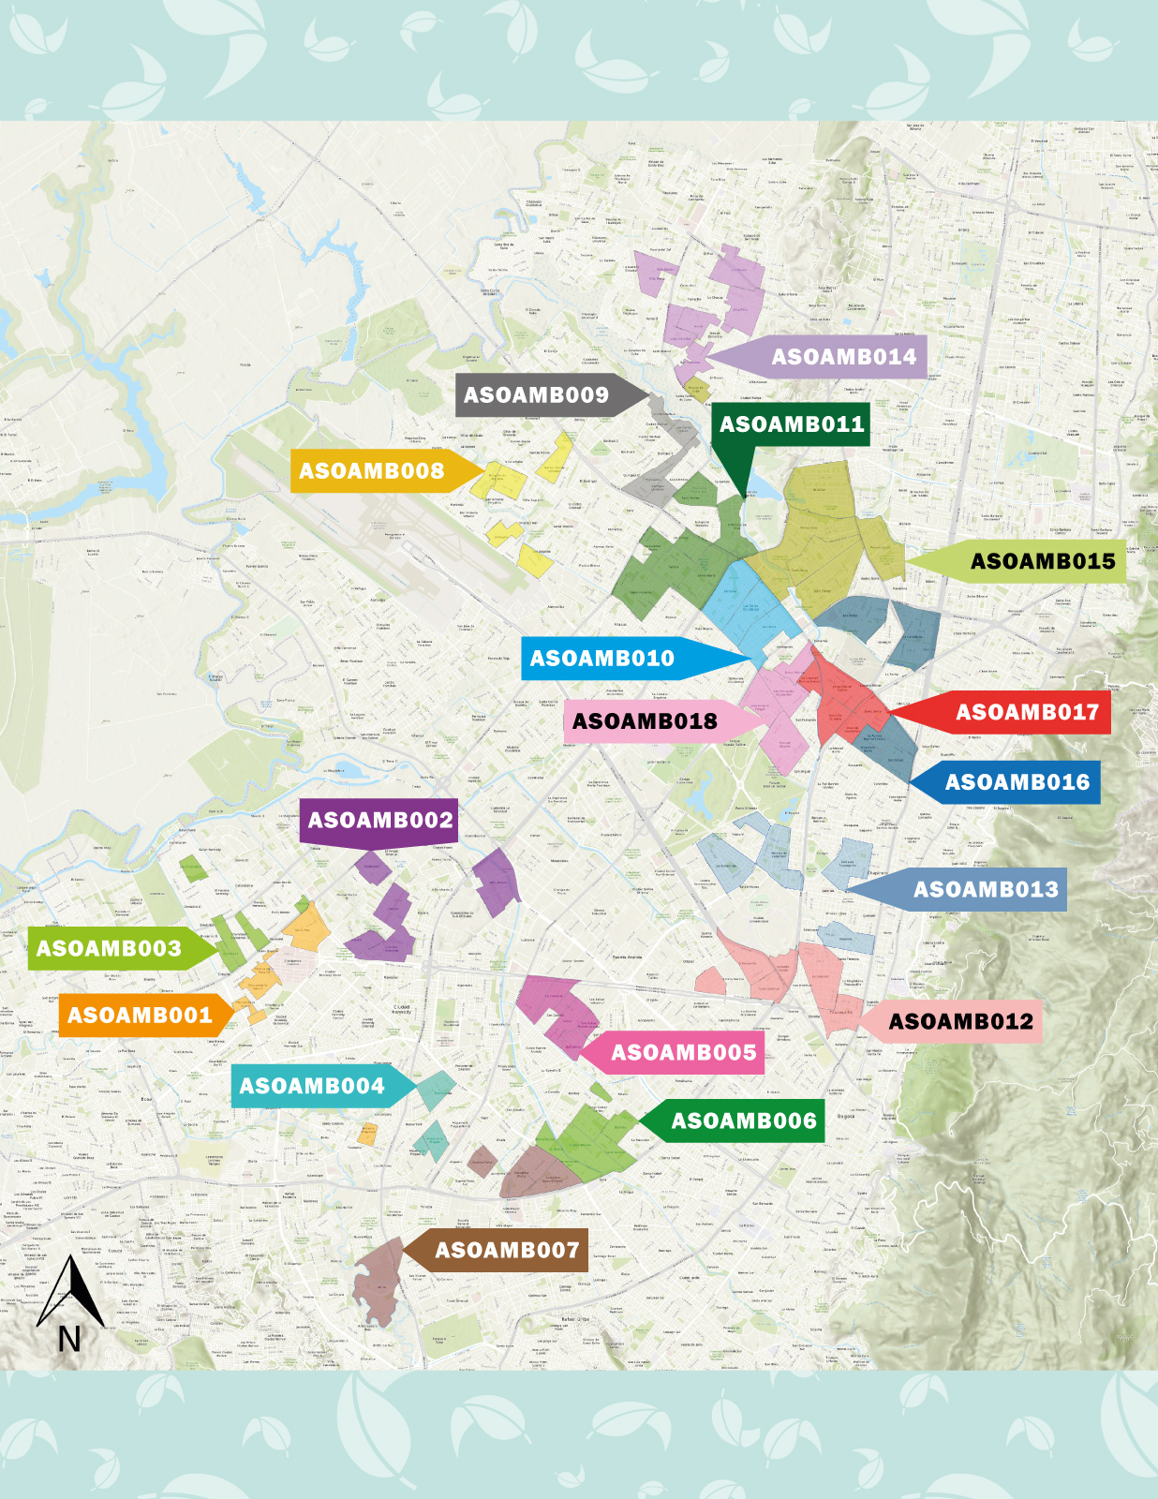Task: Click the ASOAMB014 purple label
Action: tap(843, 357)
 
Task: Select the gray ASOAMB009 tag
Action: tap(536, 395)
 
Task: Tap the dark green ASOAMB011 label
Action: tap(792, 424)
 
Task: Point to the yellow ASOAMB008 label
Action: tap(372, 470)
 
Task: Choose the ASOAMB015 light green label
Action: tap(1042, 561)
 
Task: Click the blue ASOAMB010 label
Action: tap(602, 659)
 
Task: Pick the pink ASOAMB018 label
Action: tap(645, 721)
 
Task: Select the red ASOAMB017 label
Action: tap(1026, 712)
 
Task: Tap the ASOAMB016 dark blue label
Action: tap(1017, 782)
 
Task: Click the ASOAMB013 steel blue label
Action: tap(986, 889)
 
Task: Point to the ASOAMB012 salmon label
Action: tap(960, 1021)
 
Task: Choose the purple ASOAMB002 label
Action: tap(379, 821)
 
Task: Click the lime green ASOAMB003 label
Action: tap(109, 948)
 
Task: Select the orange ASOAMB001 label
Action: tap(140, 1016)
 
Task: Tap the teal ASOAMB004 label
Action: tap(312, 1086)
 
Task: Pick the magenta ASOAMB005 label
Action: tap(683, 1053)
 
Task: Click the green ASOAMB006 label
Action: tap(743, 1121)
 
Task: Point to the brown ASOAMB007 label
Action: tap(507, 1250)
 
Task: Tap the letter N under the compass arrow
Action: tap(69, 1340)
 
